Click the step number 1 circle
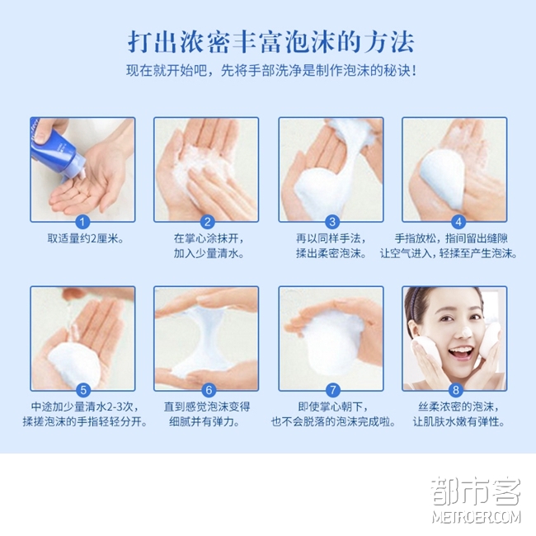pos(82,222)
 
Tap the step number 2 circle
pos(207,222)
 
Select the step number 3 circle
pos(332,222)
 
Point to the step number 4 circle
pos(458,222)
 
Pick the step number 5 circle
pos(83,390)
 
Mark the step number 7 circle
pos(332,390)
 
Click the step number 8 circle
pos(456,390)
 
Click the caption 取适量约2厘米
pos(86,238)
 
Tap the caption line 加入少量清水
pos(209,253)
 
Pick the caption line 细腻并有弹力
pos(205,421)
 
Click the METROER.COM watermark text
pos(476,516)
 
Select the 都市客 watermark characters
pos(476,491)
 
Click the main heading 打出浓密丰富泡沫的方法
pos(270,42)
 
